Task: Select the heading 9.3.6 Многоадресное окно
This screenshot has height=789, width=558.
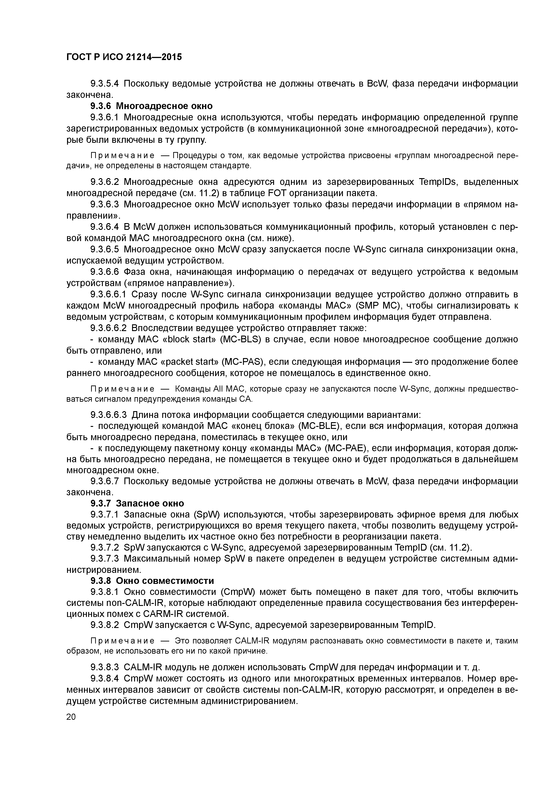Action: pyautogui.click(x=151, y=106)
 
